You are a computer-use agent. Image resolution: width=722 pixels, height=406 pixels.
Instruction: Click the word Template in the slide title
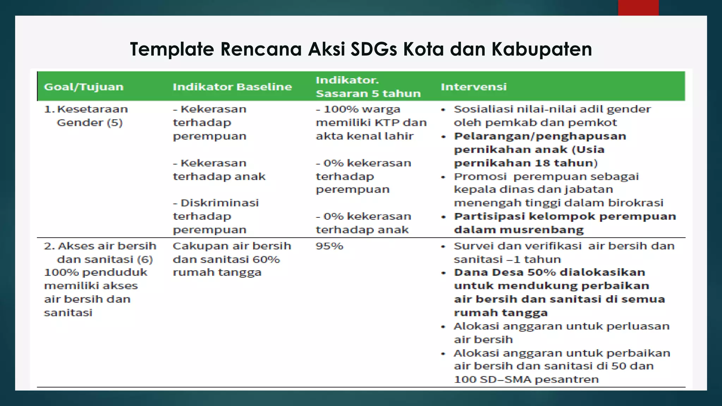[x=172, y=49]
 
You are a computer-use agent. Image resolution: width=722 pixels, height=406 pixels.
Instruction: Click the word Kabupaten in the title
[x=541, y=49]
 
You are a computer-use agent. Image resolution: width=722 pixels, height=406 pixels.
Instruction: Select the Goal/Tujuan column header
[x=84, y=87]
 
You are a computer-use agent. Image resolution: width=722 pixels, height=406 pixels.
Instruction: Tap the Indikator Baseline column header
[x=232, y=87]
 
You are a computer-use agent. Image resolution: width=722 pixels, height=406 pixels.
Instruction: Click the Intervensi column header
[x=473, y=87]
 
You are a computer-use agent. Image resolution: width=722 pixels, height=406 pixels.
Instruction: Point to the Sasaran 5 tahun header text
[x=368, y=94]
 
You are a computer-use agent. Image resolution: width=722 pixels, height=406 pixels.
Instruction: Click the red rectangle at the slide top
[x=638, y=7]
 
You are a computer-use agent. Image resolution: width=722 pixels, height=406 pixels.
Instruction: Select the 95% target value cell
[x=329, y=246]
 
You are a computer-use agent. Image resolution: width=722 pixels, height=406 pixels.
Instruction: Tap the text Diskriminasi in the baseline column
[x=219, y=203]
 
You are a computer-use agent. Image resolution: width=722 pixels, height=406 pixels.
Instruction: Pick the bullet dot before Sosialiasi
[x=443, y=110]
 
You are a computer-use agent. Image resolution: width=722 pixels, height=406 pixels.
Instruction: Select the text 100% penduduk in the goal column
[x=96, y=272]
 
